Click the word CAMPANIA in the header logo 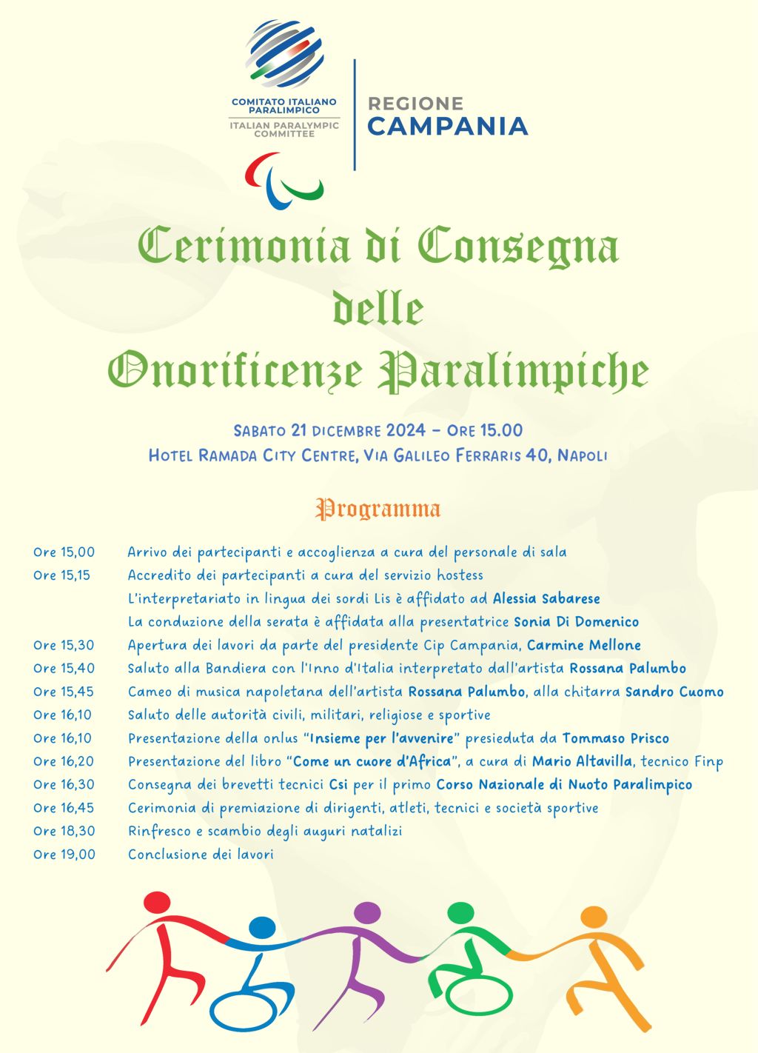pos(447,127)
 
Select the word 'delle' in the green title pos(378,309)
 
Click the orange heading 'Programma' pos(378,509)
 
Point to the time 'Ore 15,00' pos(64,552)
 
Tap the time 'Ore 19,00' pos(64,854)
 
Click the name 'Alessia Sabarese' pos(546,598)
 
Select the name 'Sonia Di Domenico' pos(576,621)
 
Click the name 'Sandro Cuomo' pos(674,692)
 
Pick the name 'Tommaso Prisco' pos(615,738)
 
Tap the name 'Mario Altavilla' pos(583,761)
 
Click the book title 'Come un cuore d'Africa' pos(372,761)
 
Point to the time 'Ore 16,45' pos(64,807)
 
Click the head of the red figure pos(157,903)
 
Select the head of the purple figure pos(367,913)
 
